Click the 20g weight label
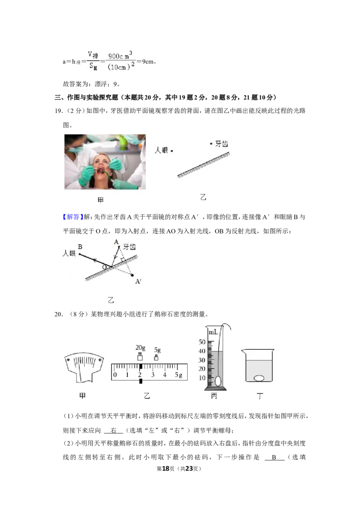140,348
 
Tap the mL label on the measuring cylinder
213,332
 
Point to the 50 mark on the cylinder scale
202,342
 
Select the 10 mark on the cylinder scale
202,378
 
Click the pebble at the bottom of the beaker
259,378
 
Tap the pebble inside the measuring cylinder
218,380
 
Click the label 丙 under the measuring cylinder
214,396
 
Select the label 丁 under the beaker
260,396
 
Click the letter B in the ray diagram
80,247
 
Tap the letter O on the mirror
104,267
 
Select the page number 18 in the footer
166,469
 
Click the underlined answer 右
113,430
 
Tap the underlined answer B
274,457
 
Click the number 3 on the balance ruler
153,375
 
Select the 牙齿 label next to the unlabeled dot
221,144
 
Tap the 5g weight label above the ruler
157,350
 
